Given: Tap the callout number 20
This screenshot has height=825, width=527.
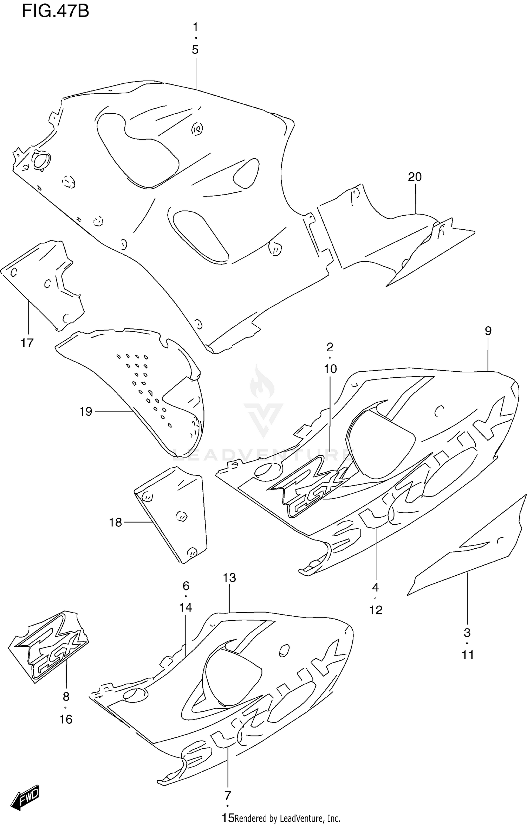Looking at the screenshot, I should [415, 177].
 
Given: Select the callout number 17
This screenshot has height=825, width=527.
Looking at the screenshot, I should [27, 343].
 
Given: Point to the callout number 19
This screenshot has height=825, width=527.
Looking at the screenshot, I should [86, 411].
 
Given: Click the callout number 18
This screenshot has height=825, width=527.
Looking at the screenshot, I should [115, 523].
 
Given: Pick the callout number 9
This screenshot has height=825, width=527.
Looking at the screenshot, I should [488, 331].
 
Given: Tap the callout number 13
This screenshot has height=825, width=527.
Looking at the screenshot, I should [229, 578].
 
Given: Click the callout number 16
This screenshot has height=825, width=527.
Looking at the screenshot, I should [66, 720].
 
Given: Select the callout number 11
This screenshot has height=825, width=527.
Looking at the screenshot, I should [468, 655].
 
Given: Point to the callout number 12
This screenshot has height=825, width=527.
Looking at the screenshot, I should [376, 610].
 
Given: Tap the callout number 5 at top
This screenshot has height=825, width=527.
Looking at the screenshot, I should [195, 50].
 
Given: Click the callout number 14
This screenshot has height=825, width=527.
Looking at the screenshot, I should [186, 607].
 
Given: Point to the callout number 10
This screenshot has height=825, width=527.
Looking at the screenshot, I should [330, 369].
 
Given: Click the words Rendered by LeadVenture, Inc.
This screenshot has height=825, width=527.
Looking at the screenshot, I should [287, 818].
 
